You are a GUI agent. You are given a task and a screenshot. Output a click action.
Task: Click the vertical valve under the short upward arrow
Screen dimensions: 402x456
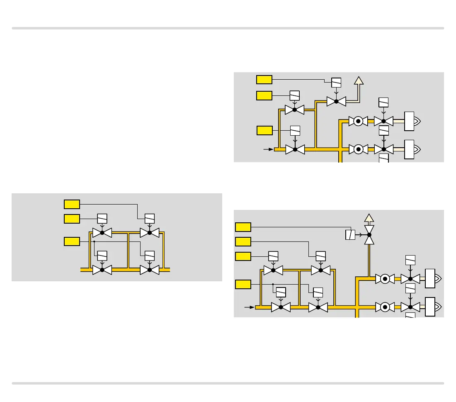coord(369,235)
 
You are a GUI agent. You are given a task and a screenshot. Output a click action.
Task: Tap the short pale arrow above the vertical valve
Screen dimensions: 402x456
coord(369,218)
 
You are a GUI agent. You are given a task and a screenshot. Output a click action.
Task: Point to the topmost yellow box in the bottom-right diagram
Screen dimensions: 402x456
coord(243,227)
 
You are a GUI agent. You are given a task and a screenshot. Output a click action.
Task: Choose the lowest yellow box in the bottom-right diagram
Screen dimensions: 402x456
coord(243,285)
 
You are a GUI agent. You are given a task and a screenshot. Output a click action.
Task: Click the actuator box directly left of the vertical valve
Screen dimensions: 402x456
coord(349,235)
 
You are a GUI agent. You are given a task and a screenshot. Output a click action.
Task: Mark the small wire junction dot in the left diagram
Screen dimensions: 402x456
coord(95,241)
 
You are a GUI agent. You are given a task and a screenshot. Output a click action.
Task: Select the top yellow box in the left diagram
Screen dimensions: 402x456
coord(72,204)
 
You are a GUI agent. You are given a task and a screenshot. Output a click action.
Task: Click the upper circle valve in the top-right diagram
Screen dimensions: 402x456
coord(358,121)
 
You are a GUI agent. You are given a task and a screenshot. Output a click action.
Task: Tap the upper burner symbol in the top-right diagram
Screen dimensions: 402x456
coord(413,121)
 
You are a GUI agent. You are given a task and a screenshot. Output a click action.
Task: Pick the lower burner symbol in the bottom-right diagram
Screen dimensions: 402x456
coord(431,307)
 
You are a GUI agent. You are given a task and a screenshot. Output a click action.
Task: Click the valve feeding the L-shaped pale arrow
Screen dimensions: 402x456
coord(336,101)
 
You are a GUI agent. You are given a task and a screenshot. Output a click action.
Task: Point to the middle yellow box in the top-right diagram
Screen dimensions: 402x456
coord(264,95)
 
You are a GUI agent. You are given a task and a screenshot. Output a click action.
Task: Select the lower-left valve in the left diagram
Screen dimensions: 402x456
coord(102,270)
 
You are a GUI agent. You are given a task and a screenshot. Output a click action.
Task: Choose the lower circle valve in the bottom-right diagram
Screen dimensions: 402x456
coord(385,307)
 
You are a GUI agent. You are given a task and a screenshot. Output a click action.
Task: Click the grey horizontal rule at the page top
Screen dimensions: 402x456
coord(228,28)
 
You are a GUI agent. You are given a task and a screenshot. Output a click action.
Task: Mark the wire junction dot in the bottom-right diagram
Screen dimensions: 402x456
coord(273,285)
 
